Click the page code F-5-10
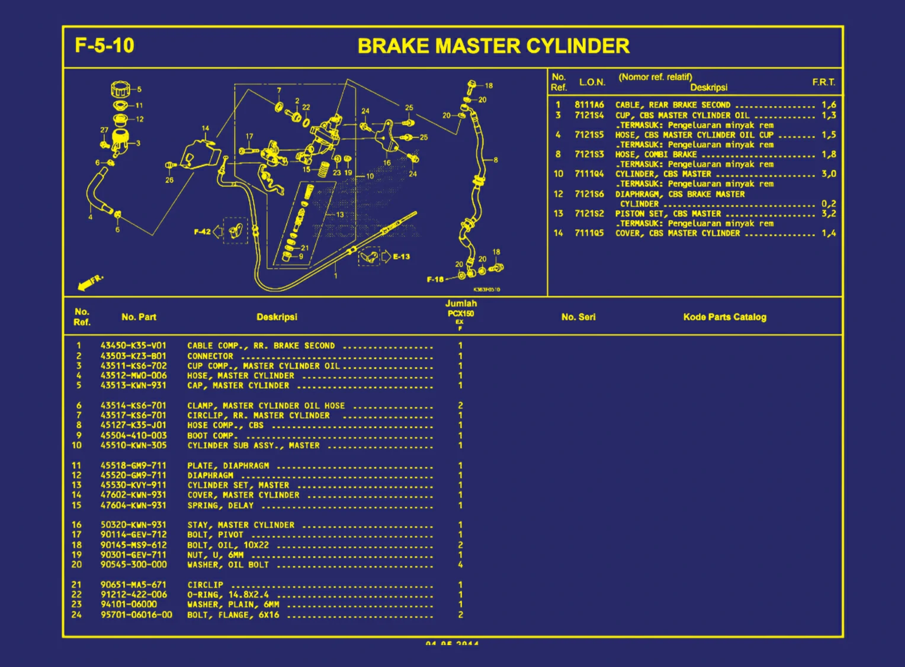104,46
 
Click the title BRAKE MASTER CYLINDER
493,46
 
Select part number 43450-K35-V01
133,346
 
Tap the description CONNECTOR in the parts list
210,356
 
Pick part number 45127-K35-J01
133,425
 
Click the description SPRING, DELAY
220,505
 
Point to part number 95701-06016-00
136,615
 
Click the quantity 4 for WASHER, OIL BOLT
460,565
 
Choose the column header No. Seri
578,317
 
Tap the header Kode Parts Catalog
724,317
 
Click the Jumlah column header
461,304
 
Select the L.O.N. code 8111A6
589,105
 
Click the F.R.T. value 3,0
828,174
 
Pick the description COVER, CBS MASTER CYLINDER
678,233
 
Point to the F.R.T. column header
823,82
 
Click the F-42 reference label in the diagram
202,231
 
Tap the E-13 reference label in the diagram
401,257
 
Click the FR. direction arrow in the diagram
90,282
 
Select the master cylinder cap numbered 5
120,90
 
